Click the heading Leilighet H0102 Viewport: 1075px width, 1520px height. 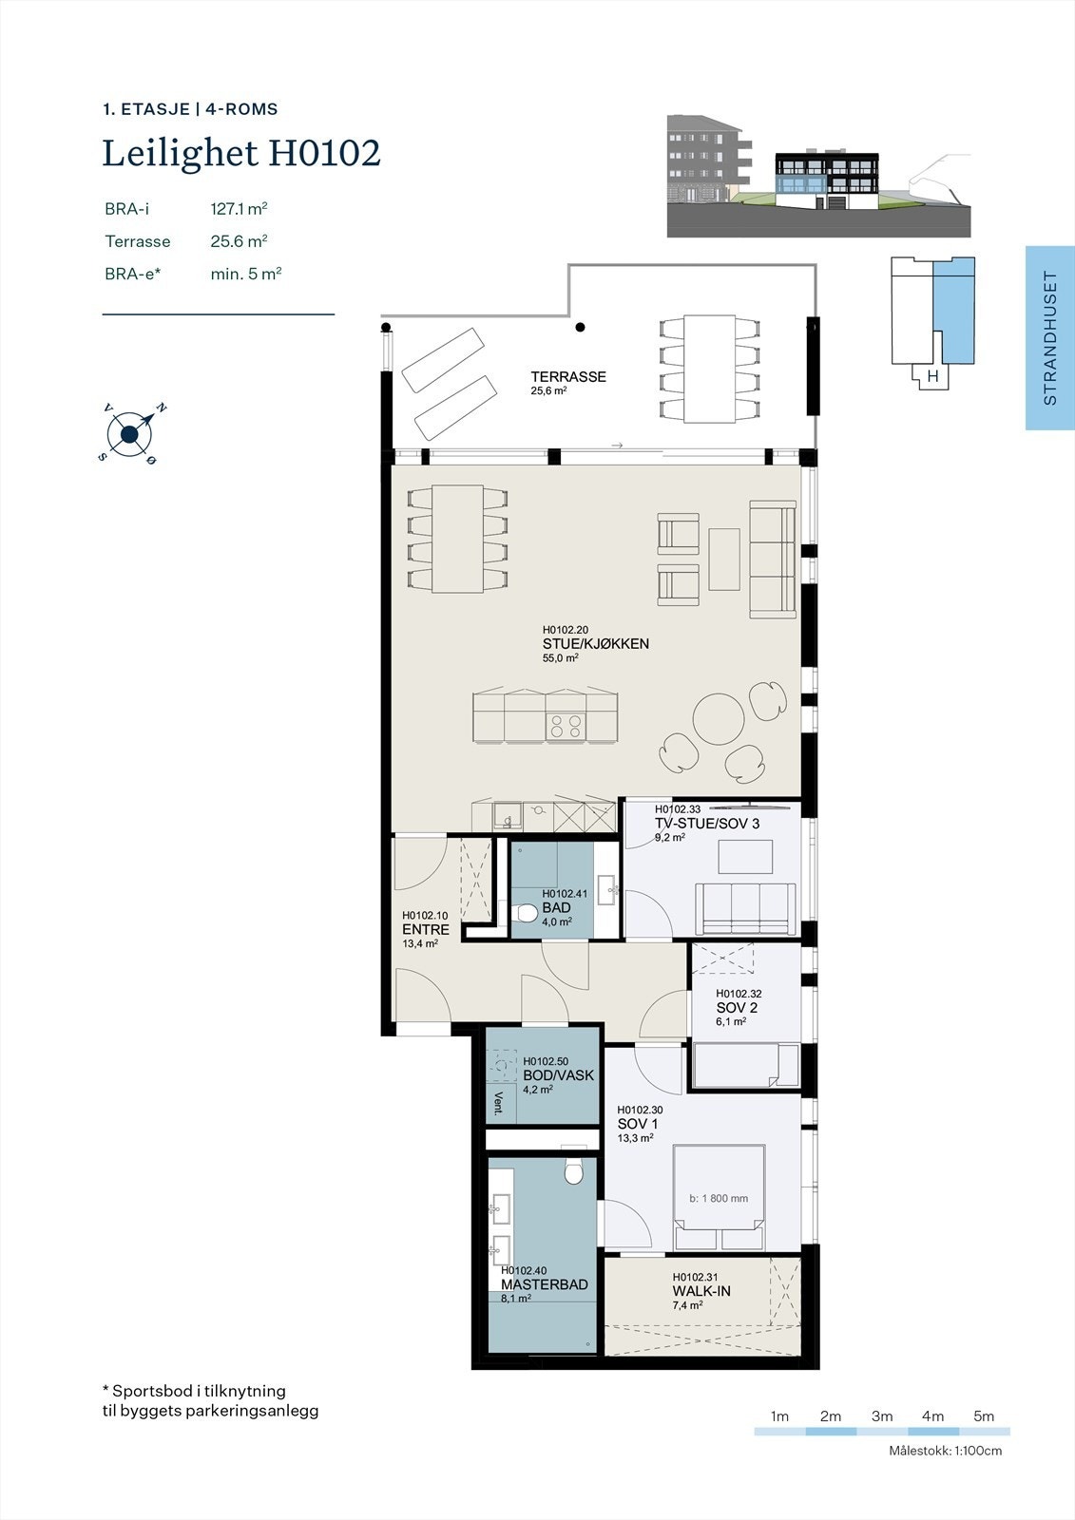(x=241, y=153)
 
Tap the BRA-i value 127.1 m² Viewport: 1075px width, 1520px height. (x=239, y=208)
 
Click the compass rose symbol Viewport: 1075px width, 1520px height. (x=130, y=435)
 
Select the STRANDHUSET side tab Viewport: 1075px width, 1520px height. (x=1049, y=338)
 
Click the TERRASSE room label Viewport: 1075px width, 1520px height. (x=567, y=376)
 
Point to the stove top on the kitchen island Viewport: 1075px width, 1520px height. (x=566, y=727)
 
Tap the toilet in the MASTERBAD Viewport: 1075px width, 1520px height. (x=573, y=1173)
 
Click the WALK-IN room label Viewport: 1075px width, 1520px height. (x=701, y=1291)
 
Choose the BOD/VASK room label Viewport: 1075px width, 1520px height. (x=558, y=1075)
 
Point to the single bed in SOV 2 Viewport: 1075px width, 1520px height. (x=745, y=1065)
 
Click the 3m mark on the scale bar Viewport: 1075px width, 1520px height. (x=881, y=1416)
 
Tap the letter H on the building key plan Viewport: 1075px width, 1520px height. (x=932, y=376)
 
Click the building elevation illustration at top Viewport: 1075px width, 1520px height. (x=818, y=176)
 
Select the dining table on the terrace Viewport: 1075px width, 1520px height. (x=710, y=369)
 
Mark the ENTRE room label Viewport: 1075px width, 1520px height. (x=425, y=929)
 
